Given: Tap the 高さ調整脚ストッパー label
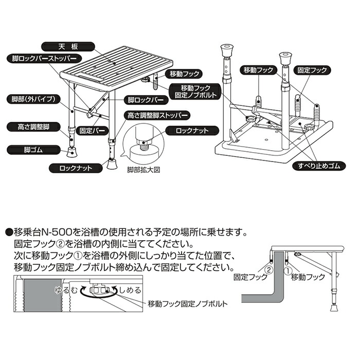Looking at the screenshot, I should click(x=156, y=115).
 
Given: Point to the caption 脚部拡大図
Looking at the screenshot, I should click(x=144, y=168).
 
